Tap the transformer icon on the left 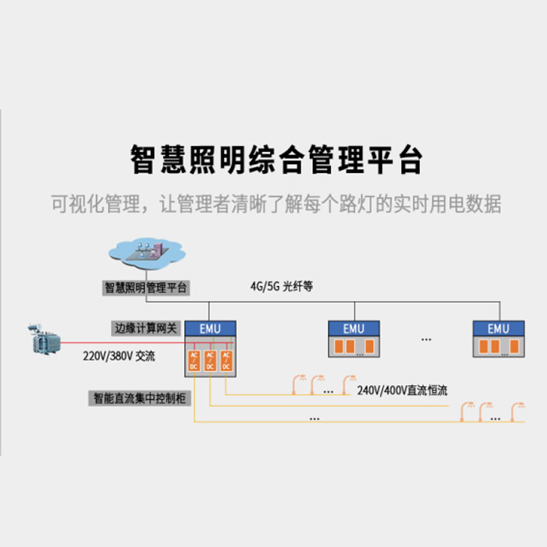coord(42,341)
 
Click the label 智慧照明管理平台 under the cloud coord(146,288)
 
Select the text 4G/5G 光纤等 coord(282,287)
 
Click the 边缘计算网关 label coord(146,328)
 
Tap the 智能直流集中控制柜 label coord(139,398)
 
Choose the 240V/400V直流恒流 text coord(403,390)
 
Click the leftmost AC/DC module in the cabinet coord(194,360)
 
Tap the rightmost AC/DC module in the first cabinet coord(226,360)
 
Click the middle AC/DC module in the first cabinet coord(210,360)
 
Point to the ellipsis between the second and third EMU coord(426,340)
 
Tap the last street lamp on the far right coord(520,410)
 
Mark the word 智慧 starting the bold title coord(155,160)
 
